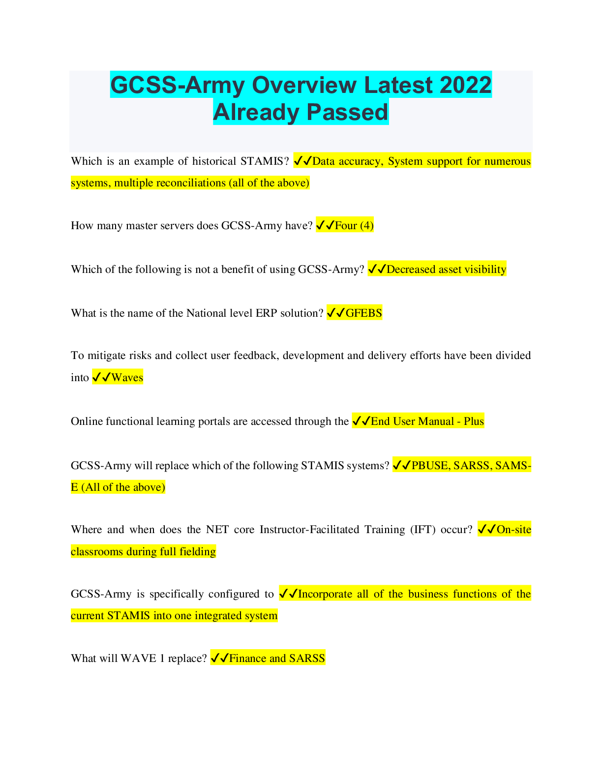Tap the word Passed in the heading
click(347, 112)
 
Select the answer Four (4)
click(354, 226)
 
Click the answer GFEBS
click(363, 313)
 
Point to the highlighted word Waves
click(127, 378)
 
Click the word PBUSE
click(430, 465)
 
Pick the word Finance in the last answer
click(247, 659)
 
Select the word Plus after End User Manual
click(474, 421)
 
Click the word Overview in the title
click(304, 85)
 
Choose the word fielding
click(197, 552)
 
